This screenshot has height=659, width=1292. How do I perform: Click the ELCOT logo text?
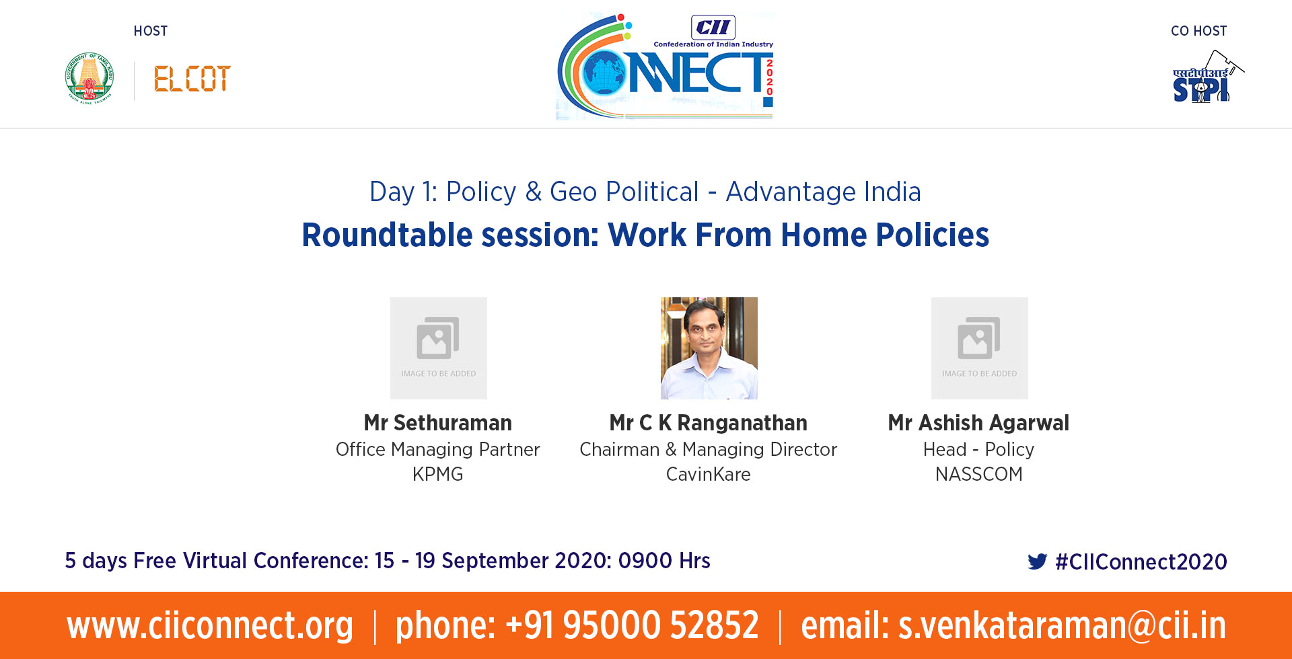[x=192, y=79]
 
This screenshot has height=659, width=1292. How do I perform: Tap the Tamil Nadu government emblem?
[x=89, y=78]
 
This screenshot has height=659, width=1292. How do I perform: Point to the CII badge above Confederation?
[x=713, y=28]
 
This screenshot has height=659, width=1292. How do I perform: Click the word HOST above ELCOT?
[x=151, y=31]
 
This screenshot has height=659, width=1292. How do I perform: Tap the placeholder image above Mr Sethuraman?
[x=439, y=348]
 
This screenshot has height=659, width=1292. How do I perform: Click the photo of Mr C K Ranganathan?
[x=709, y=348]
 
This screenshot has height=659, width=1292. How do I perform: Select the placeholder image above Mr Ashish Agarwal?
[x=980, y=348]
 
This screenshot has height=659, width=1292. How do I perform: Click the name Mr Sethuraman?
[x=438, y=423]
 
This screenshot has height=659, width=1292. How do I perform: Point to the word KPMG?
[x=438, y=474]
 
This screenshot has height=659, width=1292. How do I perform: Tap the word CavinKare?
[x=709, y=474]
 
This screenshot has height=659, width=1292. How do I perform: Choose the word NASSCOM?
[x=979, y=474]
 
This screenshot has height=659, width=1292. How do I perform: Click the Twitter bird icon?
[x=1038, y=561]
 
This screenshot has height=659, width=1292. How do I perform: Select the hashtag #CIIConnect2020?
[x=1141, y=561]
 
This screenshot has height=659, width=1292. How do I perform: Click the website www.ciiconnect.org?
[x=210, y=625]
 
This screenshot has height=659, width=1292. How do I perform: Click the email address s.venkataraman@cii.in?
[x=1063, y=625]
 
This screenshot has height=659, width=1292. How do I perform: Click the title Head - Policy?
[x=979, y=449]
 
